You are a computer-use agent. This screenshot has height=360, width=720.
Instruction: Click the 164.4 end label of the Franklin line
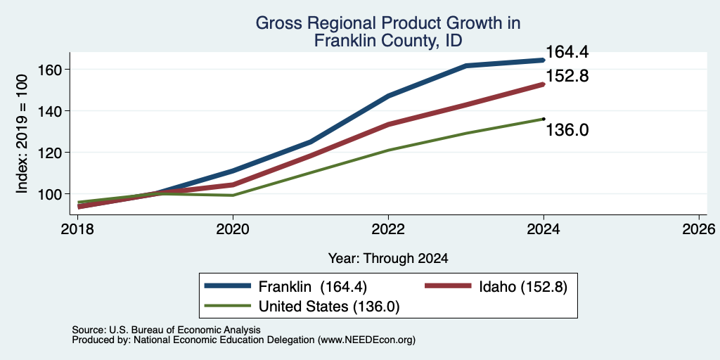point(567,52)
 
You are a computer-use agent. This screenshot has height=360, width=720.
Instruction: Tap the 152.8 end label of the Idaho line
point(567,76)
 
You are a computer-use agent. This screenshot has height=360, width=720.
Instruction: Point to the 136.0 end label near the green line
point(567,130)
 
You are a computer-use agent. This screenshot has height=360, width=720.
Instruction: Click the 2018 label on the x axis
point(77,229)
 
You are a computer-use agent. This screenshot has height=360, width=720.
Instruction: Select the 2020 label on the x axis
point(233,229)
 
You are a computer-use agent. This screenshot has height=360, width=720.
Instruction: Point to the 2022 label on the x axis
point(388,229)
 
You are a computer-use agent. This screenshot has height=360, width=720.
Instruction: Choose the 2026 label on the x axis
point(699,229)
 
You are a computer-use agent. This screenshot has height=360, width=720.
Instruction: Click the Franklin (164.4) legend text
point(313,287)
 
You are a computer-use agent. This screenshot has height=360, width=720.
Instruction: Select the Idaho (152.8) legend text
point(523,287)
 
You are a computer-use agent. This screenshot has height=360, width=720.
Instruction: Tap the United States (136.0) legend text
point(329,307)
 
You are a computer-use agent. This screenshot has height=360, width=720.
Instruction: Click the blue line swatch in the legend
point(228,286)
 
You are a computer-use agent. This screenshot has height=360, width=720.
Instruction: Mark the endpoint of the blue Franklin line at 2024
point(544,60)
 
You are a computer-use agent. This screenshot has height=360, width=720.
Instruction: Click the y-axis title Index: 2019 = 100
point(22,134)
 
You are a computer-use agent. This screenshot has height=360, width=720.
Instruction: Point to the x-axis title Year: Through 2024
point(388,259)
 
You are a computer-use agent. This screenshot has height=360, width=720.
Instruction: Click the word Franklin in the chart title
point(350,41)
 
